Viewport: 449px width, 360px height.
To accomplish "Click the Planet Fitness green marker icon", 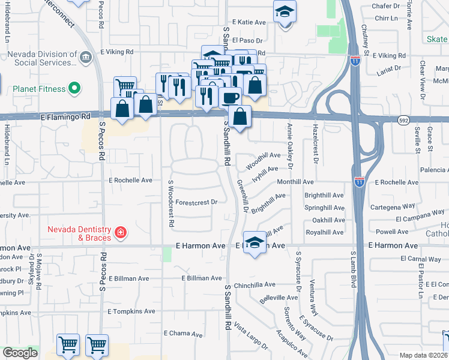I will (x=74, y=89).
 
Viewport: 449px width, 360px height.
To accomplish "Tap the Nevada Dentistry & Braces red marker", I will (x=120, y=232).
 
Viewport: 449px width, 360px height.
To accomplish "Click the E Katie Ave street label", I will (x=247, y=22).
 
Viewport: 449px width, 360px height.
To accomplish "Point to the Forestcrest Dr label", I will (x=196, y=202).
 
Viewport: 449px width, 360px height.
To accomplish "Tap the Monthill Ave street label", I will (x=295, y=181).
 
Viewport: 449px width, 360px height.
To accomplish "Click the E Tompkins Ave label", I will (x=131, y=311).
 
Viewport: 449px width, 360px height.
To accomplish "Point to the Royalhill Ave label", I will (x=324, y=232).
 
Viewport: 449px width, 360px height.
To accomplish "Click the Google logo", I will (x=20, y=353).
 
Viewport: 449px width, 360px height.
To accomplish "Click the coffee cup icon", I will (x=231, y=97).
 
